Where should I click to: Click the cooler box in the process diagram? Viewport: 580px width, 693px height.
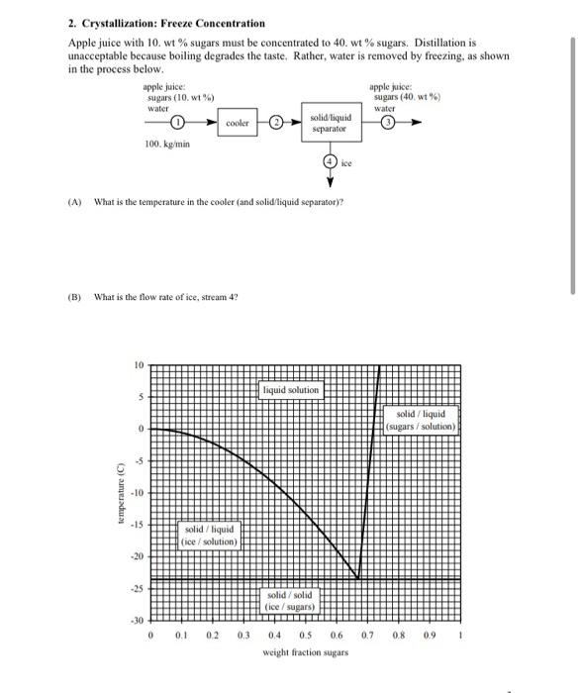point(238,123)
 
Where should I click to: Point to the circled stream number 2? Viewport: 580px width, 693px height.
point(278,123)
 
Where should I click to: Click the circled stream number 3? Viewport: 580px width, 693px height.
point(390,123)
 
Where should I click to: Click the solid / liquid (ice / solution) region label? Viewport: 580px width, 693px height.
point(210,536)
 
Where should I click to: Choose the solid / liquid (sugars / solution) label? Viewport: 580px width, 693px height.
point(421,420)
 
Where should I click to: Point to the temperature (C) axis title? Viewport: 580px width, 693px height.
point(118,493)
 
